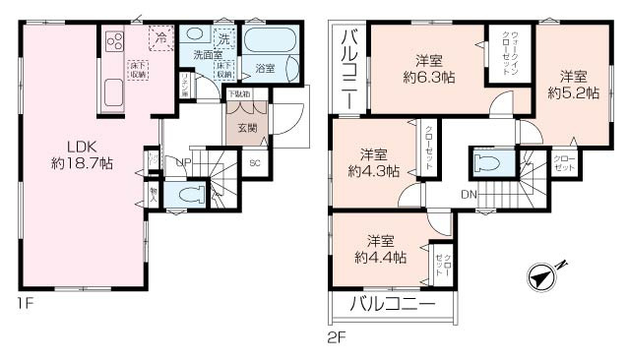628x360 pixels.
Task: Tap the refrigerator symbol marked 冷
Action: click(x=160, y=38)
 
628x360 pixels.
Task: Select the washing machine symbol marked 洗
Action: click(x=223, y=39)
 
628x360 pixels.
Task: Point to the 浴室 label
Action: click(x=265, y=68)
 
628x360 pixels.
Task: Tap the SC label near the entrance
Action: click(x=254, y=164)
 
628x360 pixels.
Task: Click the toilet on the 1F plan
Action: click(x=193, y=194)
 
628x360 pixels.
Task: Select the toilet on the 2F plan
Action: click(x=488, y=161)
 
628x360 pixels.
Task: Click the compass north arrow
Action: click(x=544, y=277)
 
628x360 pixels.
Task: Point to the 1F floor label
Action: click(x=24, y=304)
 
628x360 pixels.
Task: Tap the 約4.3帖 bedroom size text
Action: click(x=373, y=170)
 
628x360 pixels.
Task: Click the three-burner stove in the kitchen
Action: click(x=113, y=41)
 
